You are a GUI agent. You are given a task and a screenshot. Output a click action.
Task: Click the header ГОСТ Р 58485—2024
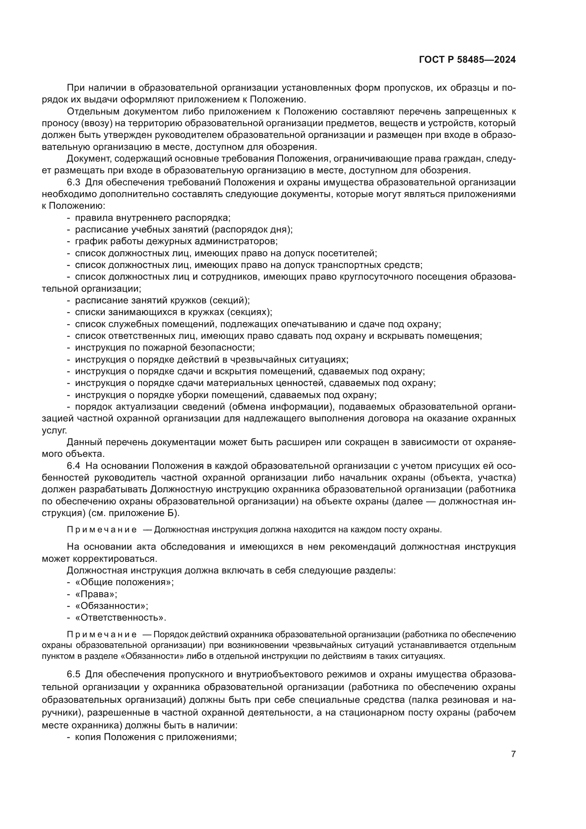[x=467, y=60]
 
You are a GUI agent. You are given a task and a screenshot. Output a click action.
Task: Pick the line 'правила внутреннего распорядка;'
[x=153, y=218]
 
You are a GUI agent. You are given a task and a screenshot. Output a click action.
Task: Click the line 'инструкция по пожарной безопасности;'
[x=165, y=348]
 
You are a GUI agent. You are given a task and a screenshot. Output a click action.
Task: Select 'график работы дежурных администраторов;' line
[x=176, y=241]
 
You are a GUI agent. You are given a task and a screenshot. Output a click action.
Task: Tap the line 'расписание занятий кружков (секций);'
[x=162, y=301]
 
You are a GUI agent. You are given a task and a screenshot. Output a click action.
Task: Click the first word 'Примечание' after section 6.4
[x=102, y=530]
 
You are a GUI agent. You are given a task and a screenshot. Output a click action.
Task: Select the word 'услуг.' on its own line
[x=55, y=430]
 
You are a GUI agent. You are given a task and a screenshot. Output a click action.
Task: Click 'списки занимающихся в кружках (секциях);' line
[x=174, y=312]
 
